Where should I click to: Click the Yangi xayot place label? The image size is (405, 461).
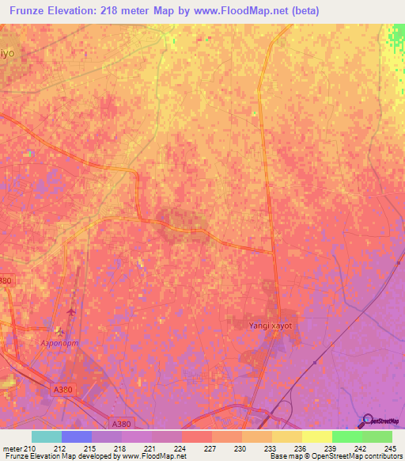[x=263, y=325]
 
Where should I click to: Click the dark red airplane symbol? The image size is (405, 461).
[x=72, y=311]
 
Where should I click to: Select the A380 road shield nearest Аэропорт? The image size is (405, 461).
[x=63, y=389]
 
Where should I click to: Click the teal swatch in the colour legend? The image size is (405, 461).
[x=47, y=436]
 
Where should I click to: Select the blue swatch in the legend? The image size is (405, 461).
[x=77, y=436]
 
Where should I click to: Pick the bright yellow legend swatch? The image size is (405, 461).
[x=317, y=436]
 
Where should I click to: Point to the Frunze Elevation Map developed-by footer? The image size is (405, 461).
[x=93, y=456]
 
